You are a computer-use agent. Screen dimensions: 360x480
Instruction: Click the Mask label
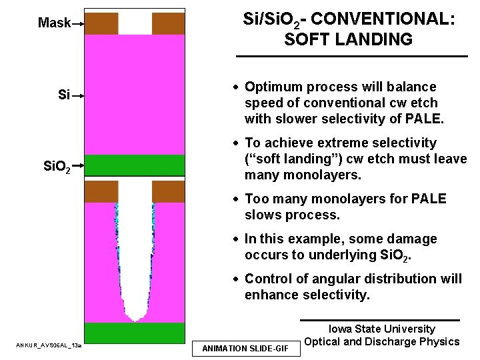click(54, 23)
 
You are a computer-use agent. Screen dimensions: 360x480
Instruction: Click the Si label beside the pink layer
click(63, 95)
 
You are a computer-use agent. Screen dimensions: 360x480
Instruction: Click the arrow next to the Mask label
click(78, 24)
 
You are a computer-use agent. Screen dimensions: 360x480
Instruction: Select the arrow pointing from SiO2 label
click(78, 164)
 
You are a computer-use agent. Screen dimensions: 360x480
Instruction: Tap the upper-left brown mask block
click(101, 24)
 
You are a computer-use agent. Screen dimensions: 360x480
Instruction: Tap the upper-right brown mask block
click(168, 24)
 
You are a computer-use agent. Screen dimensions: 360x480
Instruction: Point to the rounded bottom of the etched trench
click(136, 314)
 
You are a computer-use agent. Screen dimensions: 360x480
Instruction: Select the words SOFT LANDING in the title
click(348, 39)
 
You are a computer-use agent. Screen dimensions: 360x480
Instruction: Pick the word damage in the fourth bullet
click(413, 239)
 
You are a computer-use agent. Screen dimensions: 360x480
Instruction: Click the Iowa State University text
click(381, 329)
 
